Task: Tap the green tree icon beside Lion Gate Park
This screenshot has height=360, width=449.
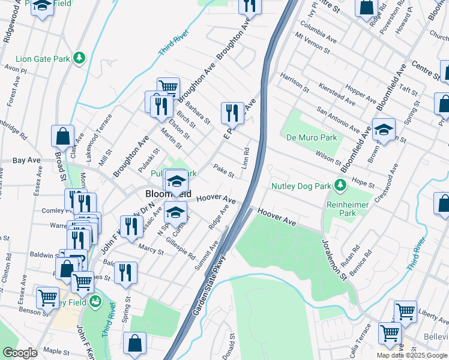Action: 79,58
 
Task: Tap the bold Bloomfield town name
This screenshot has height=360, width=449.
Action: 169,194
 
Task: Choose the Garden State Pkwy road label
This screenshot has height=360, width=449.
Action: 200,284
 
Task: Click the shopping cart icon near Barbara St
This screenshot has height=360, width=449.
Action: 169,88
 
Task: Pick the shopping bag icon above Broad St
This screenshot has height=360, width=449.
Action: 63,136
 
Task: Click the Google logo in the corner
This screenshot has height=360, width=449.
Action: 20,353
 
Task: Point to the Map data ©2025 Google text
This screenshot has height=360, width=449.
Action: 411,355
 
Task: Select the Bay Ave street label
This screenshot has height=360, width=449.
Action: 26,161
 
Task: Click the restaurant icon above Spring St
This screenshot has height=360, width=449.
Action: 125,272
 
